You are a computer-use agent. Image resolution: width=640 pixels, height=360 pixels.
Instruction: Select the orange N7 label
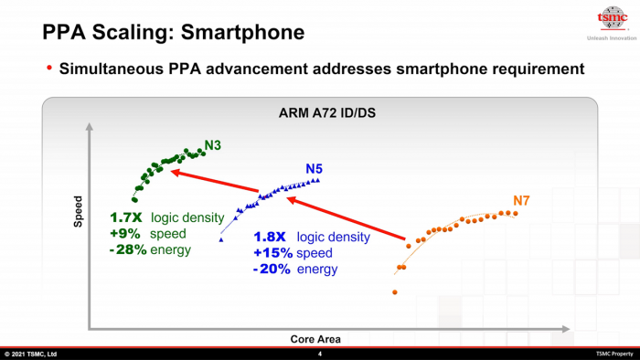523,200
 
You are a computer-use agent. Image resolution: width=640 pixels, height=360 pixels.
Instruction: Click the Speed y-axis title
77,211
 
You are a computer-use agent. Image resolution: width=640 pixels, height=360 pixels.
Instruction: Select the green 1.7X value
124,217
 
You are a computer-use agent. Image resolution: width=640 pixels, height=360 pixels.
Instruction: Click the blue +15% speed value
272,253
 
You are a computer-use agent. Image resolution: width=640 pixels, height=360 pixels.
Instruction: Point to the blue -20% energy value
272,269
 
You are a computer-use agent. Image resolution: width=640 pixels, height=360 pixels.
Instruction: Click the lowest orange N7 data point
395,292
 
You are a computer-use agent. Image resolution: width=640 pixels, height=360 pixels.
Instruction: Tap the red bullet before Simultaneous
49,69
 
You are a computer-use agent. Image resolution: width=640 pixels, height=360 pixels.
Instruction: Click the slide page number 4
320,354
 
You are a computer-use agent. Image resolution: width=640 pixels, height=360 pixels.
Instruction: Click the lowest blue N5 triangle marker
221,239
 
